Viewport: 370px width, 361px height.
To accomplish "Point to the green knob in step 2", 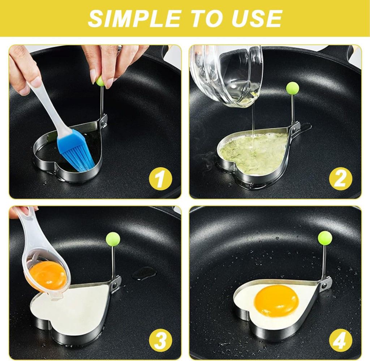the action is (293, 88).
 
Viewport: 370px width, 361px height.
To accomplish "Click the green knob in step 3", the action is (113, 238).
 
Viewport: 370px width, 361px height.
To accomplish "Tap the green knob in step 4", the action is (325, 238).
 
